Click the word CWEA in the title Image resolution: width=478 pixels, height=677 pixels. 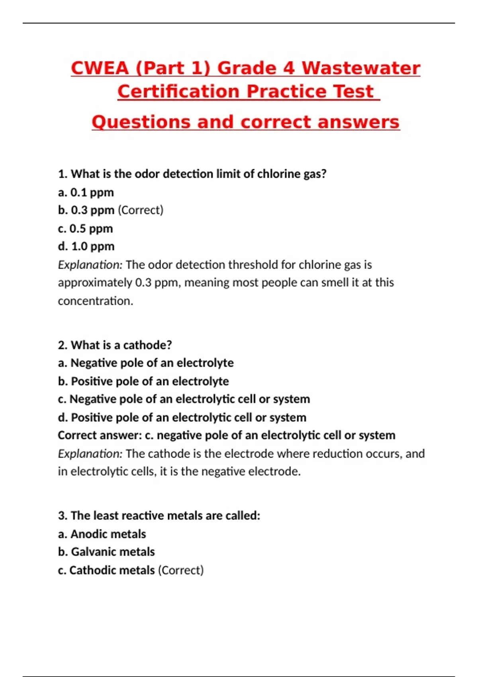pos(100,68)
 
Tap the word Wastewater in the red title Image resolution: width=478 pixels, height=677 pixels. pos(360,68)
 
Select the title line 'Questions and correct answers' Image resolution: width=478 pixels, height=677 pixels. pos(245,122)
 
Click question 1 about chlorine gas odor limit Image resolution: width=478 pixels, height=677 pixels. pos(192,174)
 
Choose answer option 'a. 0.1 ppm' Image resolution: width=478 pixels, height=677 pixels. pos(86,192)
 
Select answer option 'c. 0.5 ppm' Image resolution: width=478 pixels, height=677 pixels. pos(85,229)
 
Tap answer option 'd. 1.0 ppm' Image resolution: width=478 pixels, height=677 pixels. pos(86,247)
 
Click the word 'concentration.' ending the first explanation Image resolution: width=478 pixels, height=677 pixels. pos(96,301)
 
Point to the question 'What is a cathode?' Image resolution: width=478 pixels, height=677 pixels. pos(115,345)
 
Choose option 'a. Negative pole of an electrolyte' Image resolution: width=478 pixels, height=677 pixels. pos(146,363)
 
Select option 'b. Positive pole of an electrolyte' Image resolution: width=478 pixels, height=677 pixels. pos(143,381)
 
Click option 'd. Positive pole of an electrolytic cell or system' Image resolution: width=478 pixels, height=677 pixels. pos(182,417)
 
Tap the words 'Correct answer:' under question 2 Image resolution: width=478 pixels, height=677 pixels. pos(100,435)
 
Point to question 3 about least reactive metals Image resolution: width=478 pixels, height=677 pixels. pos(159,516)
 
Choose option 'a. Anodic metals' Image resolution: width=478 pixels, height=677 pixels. pos(102,534)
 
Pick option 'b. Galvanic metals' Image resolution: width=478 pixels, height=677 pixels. pos(106,552)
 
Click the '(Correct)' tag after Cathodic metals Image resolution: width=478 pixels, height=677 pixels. pos(181,570)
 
